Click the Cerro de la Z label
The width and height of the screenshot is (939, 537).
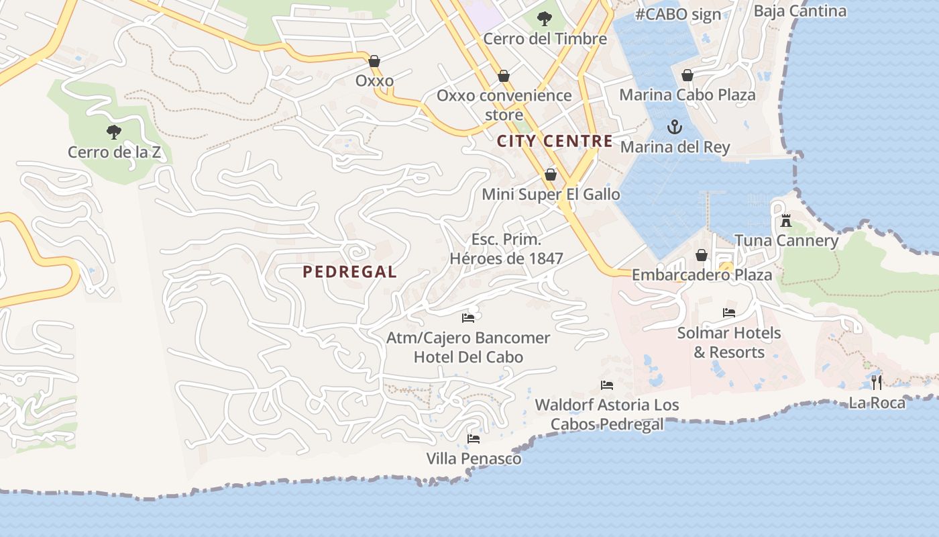[114, 152]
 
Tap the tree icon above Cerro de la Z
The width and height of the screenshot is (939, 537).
[114, 132]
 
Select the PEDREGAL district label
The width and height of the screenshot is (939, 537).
[349, 272]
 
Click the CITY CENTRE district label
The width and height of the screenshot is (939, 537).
[555, 141]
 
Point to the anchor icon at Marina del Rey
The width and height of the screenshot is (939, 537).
[674, 126]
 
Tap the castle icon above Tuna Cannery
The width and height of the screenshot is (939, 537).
[786, 220]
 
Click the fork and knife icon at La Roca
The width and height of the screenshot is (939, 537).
[877, 382]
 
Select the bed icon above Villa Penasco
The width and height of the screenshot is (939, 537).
[474, 439]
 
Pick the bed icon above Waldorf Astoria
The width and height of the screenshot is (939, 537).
[607, 385]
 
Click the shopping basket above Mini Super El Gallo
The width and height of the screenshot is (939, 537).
[551, 175]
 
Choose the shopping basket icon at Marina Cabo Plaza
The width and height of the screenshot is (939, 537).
[687, 75]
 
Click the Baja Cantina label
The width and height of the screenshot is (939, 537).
[799, 11]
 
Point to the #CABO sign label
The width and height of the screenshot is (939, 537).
[678, 14]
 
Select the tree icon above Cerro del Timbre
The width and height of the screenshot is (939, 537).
[545, 18]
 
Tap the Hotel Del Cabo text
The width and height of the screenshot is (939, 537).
[468, 357]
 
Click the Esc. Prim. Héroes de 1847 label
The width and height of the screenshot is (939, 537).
[506, 249]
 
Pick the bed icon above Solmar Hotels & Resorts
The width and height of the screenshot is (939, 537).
[728, 313]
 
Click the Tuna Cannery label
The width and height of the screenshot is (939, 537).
[786, 241]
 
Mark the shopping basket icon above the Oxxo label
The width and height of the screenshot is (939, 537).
[374, 61]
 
